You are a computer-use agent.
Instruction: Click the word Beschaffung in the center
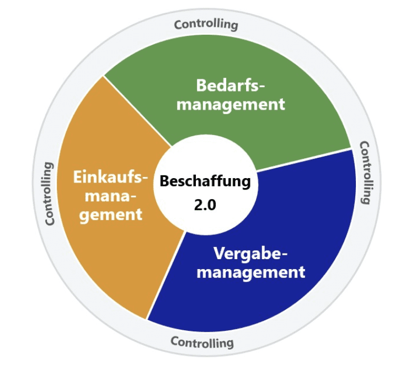(x=205, y=181)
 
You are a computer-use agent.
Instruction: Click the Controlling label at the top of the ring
(x=206, y=24)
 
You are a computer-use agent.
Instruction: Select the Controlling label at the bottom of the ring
(x=202, y=342)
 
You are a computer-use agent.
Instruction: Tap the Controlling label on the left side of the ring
(x=50, y=194)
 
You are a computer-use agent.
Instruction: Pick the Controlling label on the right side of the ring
(x=367, y=173)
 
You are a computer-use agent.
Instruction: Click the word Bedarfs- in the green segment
(x=231, y=85)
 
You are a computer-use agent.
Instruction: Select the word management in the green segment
(x=231, y=104)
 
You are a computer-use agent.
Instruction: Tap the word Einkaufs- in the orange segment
(x=111, y=178)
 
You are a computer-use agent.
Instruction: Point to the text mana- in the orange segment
(x=111, y=196)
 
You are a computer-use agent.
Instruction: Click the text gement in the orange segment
(x=111, y=214)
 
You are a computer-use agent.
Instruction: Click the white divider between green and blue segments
(x=303, y=160)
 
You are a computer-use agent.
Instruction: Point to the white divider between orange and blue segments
(x=166, y=276)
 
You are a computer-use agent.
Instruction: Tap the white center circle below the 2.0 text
(x=205, y=221)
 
